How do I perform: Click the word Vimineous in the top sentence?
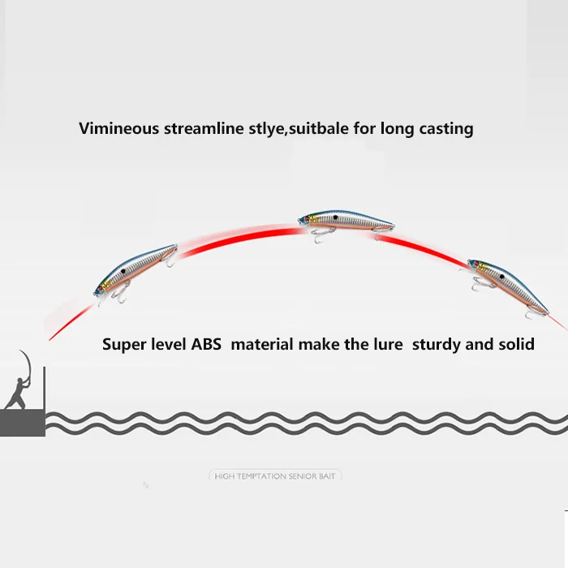tap(118, 128)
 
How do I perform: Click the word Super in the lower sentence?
tap(125, 344)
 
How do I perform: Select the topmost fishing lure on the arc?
tap(346, 221)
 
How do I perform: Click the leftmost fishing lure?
tap(135, 270)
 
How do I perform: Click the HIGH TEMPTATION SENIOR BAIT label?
tap(274, 476)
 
